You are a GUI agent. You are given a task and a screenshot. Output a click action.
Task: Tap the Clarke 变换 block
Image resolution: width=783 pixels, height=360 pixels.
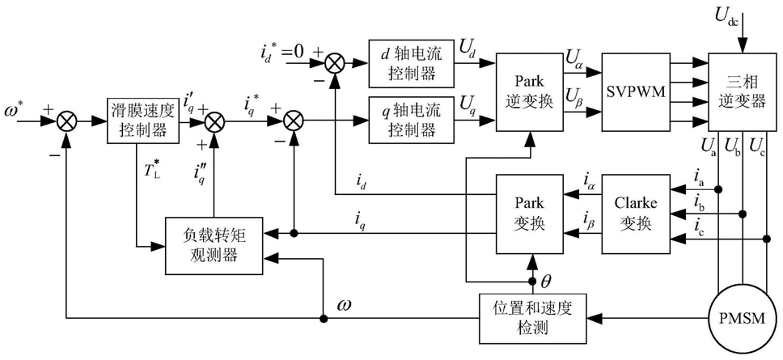tap(636, 214)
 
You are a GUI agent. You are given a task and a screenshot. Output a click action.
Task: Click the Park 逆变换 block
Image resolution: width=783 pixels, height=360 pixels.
tap(528, 92)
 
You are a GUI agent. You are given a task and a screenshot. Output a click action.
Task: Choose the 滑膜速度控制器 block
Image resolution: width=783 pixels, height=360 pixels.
tap(136, 121)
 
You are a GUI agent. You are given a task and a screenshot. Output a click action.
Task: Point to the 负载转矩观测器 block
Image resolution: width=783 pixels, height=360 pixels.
tap(214, 245)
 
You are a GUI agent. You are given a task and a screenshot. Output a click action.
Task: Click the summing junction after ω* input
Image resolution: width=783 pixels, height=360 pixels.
tap(66, 121)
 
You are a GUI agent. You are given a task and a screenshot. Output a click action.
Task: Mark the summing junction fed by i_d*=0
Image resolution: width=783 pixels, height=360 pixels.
tap(333, 63)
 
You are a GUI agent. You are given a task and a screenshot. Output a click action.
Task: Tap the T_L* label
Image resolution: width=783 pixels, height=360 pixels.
tap(150, 168)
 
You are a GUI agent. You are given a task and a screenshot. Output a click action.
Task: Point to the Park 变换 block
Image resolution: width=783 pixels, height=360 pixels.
tap(528, 214)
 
